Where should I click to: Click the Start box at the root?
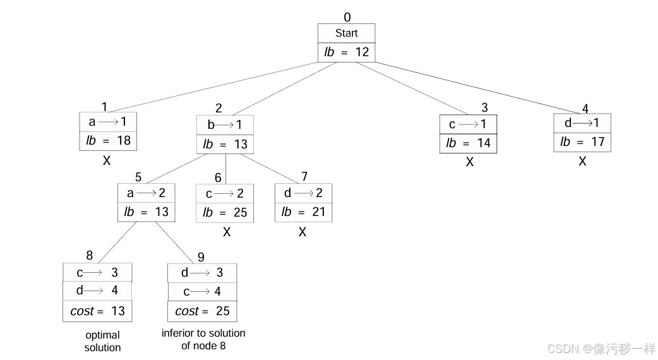click(x=346, y=33)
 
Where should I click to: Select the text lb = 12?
click(x=346, y=52)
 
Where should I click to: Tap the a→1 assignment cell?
click(x=108, y=121)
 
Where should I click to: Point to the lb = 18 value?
click(x=108, y=140)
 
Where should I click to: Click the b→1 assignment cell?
click(x=225, y=125)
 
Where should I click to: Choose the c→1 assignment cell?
click(x=468, y=124)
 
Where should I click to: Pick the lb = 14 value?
click(x=468, y=143)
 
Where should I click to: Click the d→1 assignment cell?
click(x=582, y=123)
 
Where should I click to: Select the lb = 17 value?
click(x=582, y=142)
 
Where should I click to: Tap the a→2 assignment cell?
click(x=145, y=193)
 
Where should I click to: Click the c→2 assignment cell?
click(x=225, y=194)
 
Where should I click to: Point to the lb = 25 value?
click(x=225, y=212)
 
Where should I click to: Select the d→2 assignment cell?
click(x=303, y=193)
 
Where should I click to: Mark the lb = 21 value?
click(x=303, y=212)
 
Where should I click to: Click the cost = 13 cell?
click(x=97, y=311)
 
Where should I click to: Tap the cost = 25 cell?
click(x=202, y=311)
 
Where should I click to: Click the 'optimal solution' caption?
click(x=102, y=341)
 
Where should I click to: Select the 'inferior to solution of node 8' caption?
click(x=203, y=339)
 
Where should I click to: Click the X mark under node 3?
click(x=469, y=162)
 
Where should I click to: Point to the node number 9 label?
click(x=201, y=256)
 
